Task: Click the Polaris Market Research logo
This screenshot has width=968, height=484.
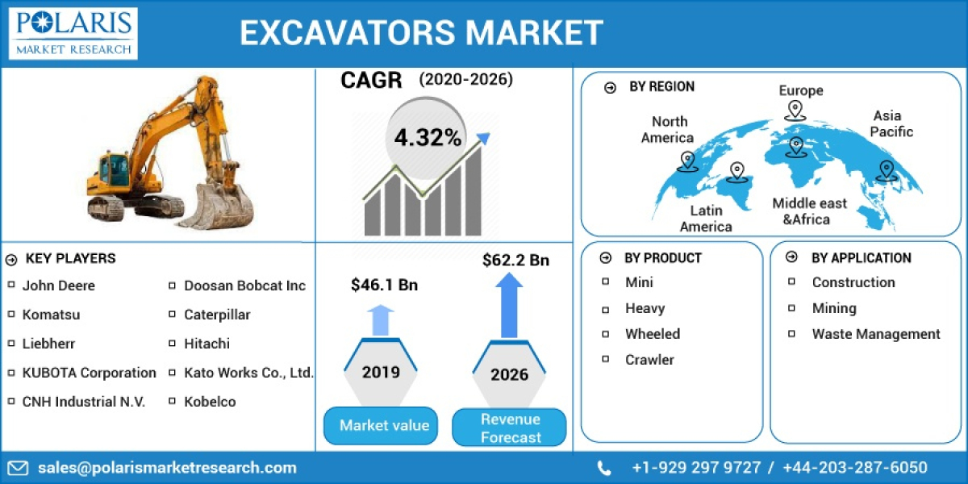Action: (74, 33)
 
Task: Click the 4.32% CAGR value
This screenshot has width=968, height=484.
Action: (428, 138)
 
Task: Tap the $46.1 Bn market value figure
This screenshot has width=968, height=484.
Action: (384, 285)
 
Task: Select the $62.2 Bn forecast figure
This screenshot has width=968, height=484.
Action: (515, 260)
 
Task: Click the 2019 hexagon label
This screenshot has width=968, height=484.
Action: (380, 373)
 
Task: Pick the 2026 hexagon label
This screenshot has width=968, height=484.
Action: (509, 374)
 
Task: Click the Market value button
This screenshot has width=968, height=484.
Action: (384, 426)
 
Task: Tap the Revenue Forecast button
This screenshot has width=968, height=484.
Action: (510, 428)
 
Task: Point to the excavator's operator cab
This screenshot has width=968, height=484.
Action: (114, 170)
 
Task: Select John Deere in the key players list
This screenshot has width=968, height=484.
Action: (58, 286)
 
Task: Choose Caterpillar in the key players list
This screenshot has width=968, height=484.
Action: (217, 315)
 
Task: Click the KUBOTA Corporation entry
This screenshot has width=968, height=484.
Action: (89, 373)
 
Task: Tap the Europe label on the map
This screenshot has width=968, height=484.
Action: (800, 90)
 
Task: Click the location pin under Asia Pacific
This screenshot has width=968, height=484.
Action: (886, 170)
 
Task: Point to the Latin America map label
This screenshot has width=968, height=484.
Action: (705, 219)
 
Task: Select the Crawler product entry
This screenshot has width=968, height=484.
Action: (649, 360)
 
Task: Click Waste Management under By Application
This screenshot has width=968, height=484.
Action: (875, 334)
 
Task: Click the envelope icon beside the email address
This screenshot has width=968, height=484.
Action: (18, 468)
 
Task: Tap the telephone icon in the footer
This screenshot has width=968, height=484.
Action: (604, 468)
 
